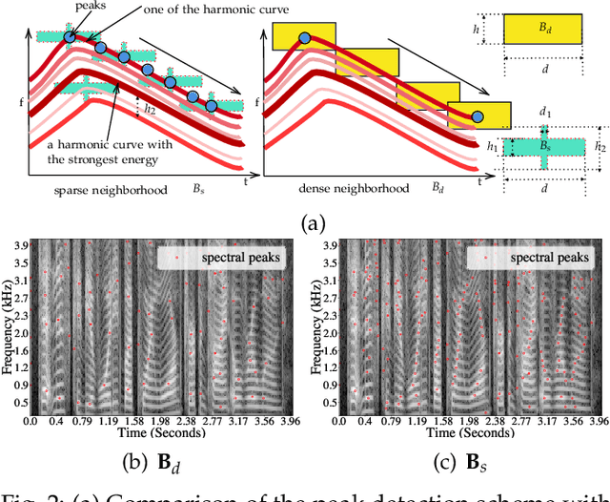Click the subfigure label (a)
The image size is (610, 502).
pos(314,223)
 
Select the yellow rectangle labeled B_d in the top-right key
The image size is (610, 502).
pos(544,29)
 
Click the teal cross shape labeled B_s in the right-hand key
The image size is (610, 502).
pos(544,147)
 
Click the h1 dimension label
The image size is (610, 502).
pos(492,147)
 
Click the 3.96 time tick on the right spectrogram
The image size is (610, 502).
pos(594,421)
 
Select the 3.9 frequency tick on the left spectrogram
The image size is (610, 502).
pos(21,246)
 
